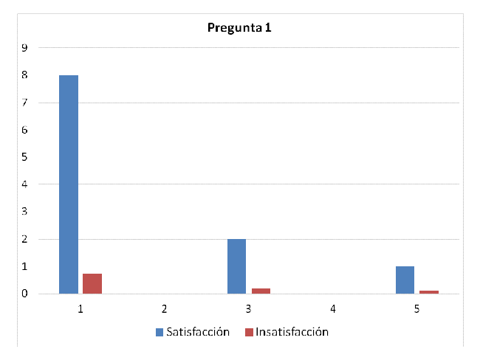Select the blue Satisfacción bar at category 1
coord(69,184)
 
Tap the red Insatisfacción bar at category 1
coord(92,284)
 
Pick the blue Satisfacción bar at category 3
coord(237,266)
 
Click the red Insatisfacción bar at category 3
coord(261,291)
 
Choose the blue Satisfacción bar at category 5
coord(405,280)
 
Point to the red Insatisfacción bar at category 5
coord(429,292)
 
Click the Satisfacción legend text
coord(198,332)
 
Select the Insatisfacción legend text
coord(292,332)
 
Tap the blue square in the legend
coord(160,333)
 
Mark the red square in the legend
coord(249,333)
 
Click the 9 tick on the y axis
coord(25,48)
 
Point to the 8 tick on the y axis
coord(25,75)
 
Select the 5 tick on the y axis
coord(25,157)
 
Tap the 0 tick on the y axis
coord(25,294)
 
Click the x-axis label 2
coord(165,308)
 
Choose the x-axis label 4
coord(333,308)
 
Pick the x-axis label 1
coord(80,308)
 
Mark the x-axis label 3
coord(249,308)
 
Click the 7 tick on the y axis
coord(25,103)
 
